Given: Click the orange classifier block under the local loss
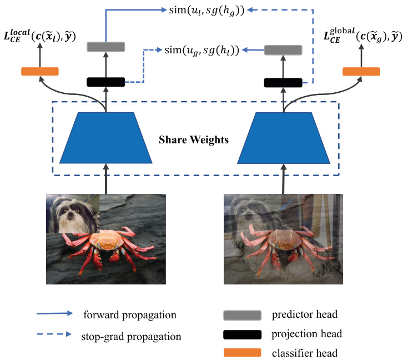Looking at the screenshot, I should (39, 71).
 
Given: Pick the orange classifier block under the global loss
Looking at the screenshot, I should (361, 71).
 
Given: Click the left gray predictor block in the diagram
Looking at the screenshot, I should (105, 47).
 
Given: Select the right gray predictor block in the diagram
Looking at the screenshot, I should (283, 51).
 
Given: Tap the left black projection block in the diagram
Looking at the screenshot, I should (105, 82).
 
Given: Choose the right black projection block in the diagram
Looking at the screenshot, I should (283, 82).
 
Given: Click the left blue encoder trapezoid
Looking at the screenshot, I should (105, 138).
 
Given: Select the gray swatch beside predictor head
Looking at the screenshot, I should (242, 316).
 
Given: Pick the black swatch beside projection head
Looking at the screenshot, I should (242, 334).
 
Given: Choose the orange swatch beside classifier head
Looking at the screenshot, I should (242, 353).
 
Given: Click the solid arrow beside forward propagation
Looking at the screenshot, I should (54, 314).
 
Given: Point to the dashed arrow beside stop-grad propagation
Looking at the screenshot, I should (54, 334).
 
